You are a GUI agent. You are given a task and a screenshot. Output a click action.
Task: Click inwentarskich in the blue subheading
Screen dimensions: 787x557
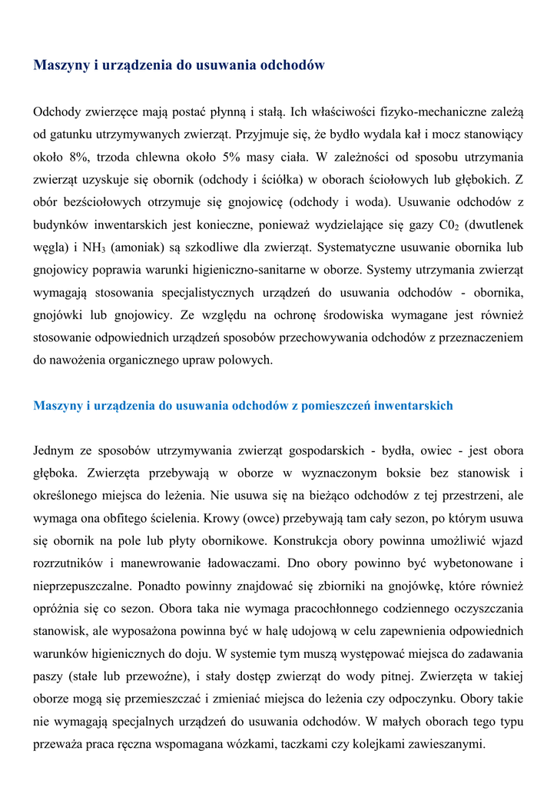pyautogui.click(x=414, y=406)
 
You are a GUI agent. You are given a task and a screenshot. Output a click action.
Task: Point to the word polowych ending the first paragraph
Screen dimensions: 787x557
pyautogui.click(x=247, y=360)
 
